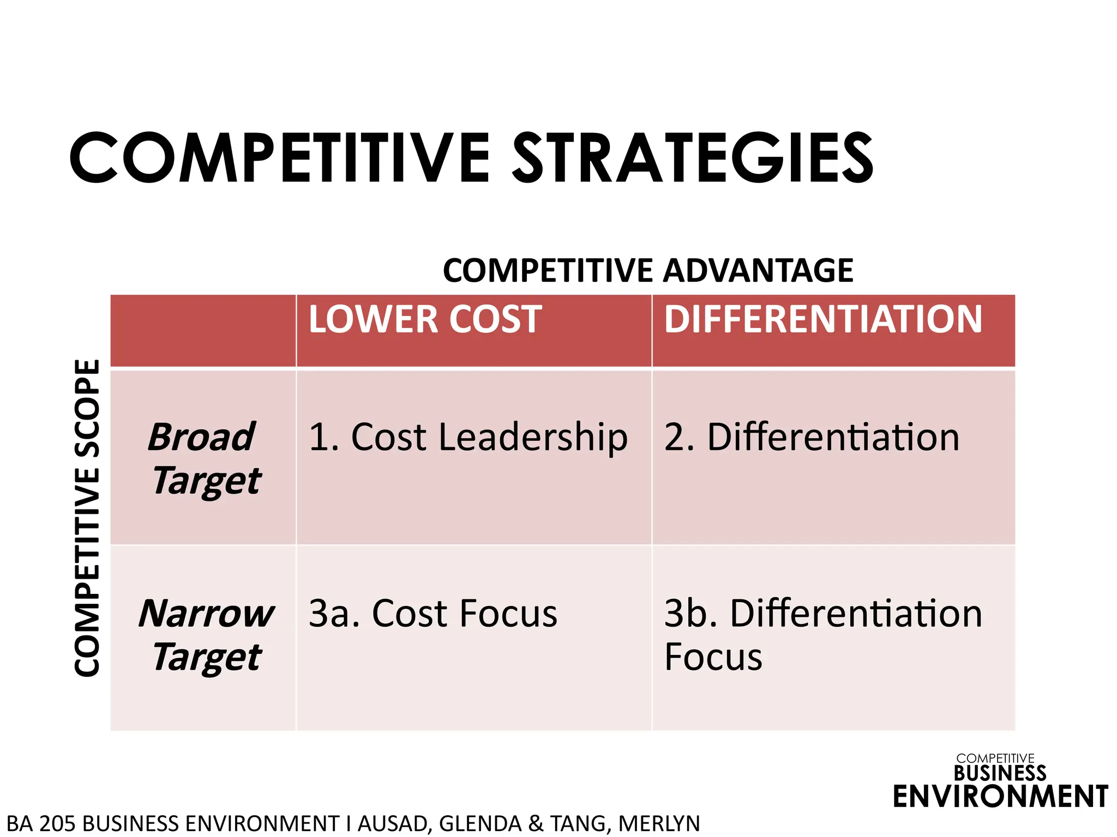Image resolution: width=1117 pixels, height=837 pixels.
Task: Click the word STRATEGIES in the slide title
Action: [693, 158]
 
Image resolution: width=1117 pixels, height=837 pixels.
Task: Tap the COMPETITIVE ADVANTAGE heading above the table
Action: [648, 270]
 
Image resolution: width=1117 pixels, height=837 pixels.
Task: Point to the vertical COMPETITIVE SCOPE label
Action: [88, 518]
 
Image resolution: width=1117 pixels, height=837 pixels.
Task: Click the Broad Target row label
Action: [204, 459]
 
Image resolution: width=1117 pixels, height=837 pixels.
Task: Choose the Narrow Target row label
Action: [206, 635]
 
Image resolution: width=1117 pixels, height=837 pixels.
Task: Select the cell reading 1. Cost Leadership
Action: [468, 437]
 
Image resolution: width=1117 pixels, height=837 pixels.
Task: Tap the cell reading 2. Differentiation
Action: [812, 437]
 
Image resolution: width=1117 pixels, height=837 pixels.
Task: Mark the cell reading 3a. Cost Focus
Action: [433, 614]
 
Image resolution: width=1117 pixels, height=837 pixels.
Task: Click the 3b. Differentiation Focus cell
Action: [822, 634]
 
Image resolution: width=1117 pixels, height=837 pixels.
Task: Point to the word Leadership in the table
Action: [533, 437]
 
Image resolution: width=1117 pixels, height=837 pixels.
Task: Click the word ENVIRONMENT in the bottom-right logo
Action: [1000, 797]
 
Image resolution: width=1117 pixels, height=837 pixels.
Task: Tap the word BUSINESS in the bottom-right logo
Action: [1000, 773]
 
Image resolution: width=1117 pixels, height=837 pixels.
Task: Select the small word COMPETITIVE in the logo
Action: [995, 759]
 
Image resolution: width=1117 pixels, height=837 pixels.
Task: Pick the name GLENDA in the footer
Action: [480, 823]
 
